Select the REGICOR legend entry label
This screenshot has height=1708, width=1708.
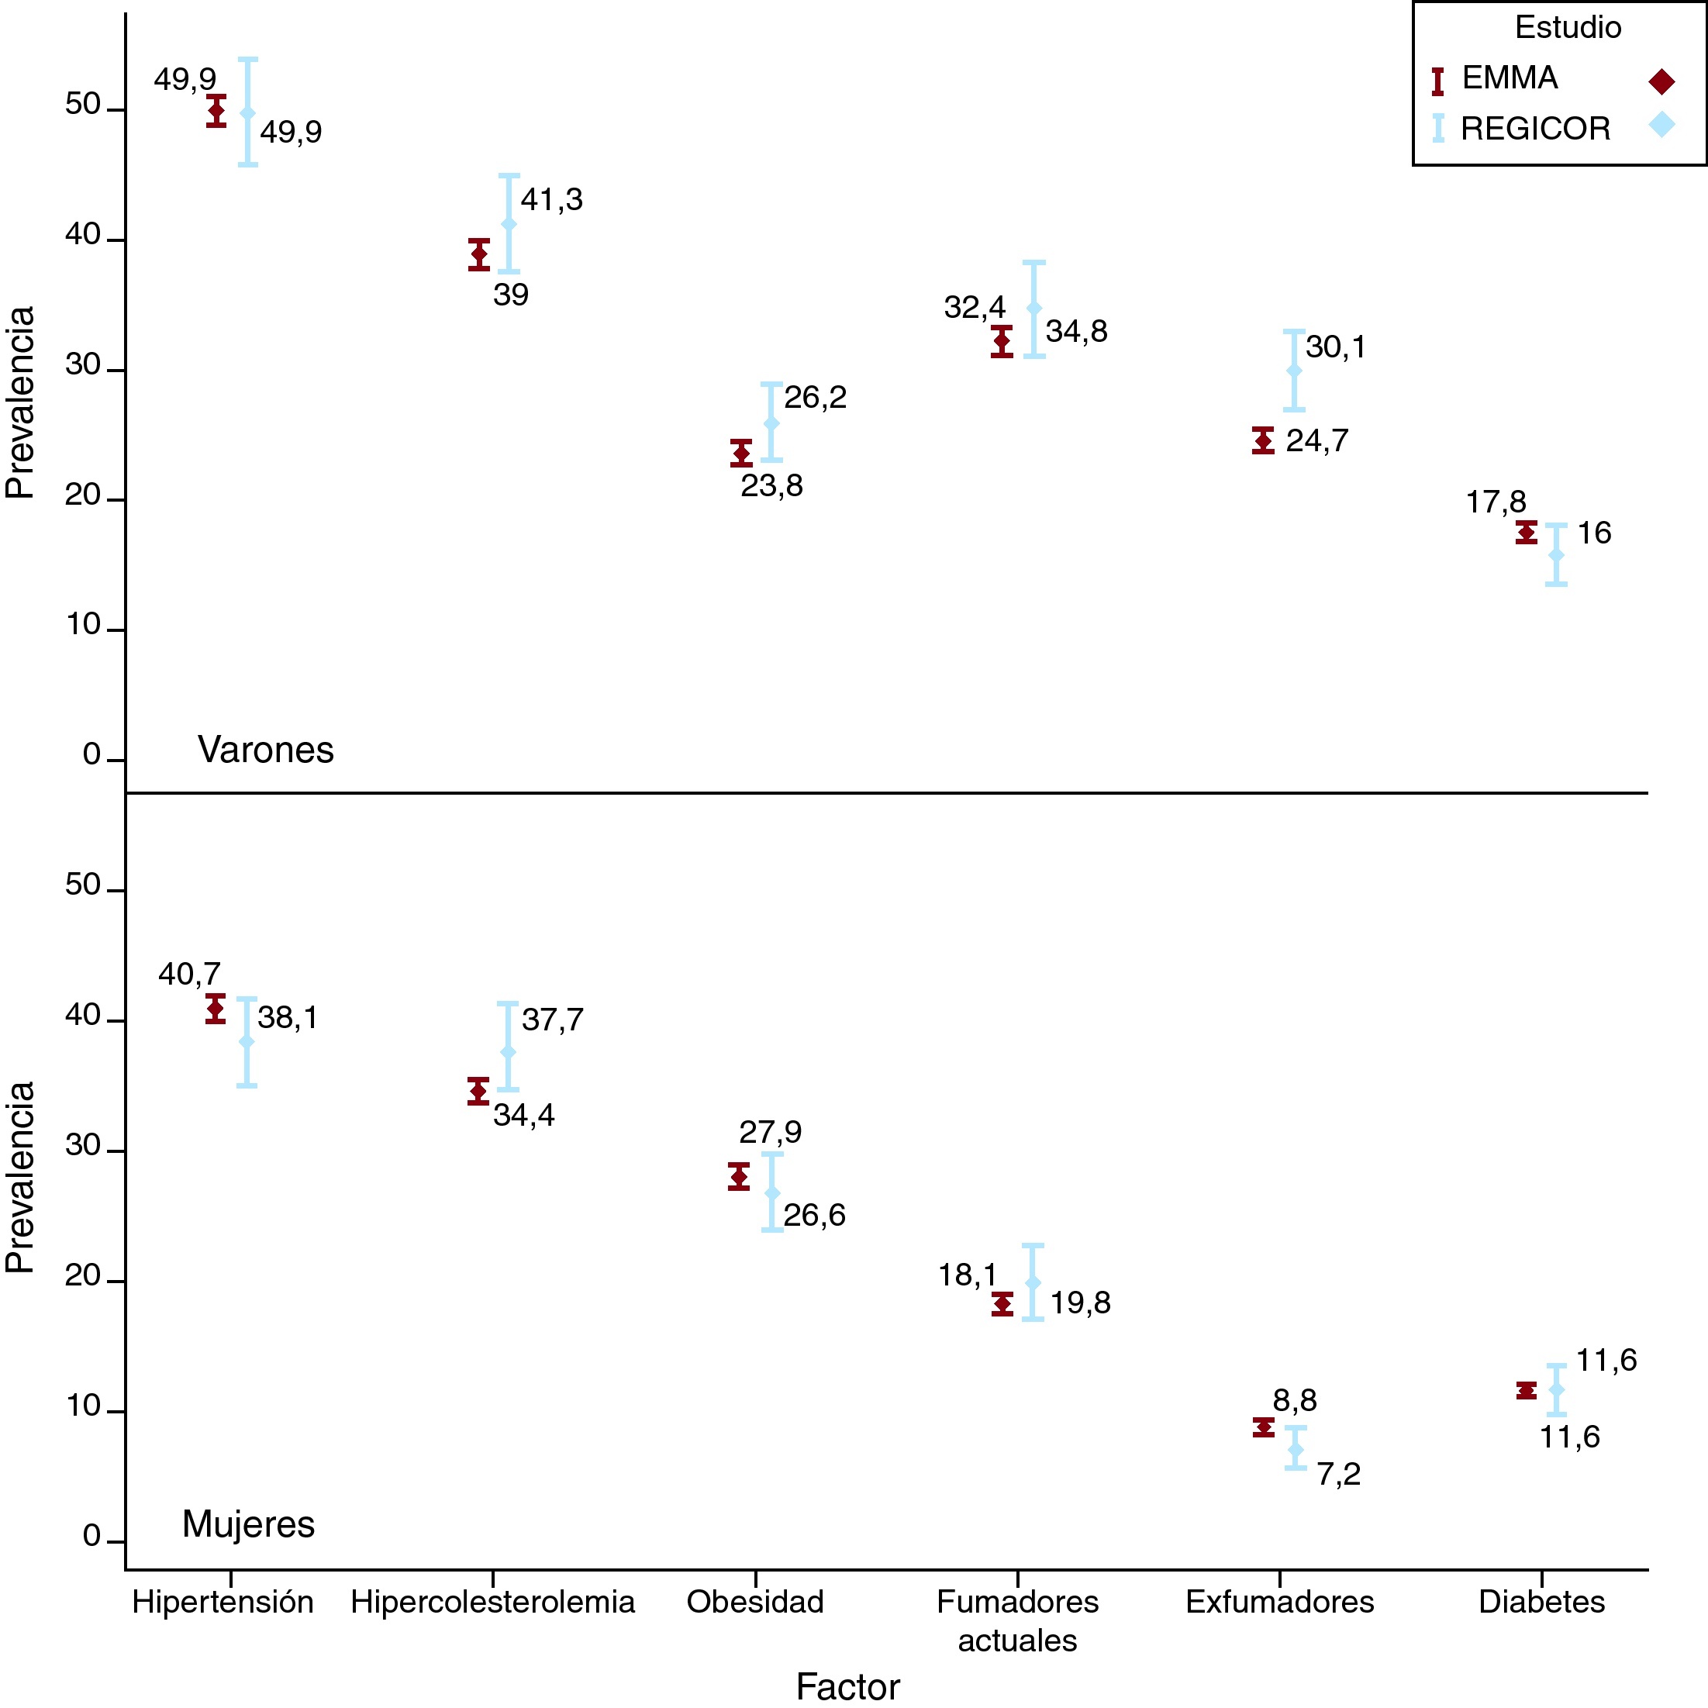pos(1535,129)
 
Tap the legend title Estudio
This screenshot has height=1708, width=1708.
pos(1568,28)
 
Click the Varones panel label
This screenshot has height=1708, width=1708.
pos(265,750)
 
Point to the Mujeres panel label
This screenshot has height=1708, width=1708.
pos(248,1524)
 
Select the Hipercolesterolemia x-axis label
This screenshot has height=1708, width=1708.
pos(492,1602)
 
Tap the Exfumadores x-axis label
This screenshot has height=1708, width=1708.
pos(1279,1602)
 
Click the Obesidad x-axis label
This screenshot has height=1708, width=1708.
pos(755,1602)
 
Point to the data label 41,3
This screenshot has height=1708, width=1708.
pos(552,201)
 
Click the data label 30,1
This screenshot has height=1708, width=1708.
pos(1335,347)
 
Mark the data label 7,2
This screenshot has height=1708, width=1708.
pos(1338,1475)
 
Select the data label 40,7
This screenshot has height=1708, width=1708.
pos(189,975)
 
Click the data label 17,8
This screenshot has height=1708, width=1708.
pos(1496,502)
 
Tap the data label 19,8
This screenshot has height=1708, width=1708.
pos(1079,1303)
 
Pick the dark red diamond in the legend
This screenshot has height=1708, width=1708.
pos(1661,82)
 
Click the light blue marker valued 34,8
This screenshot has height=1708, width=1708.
pos(1034,309)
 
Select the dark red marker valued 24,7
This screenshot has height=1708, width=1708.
pos(1263,440)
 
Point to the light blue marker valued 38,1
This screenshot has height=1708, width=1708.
pos(247,1041)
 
